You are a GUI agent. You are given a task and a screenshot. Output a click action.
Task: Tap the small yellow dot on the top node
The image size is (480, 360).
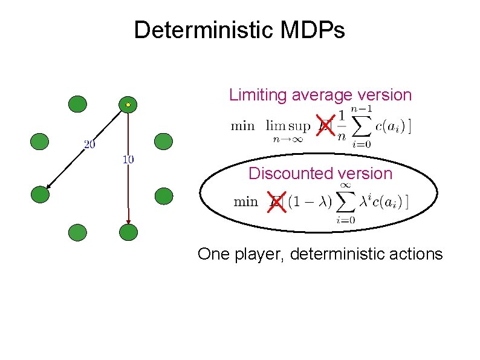click(x=128, y=105)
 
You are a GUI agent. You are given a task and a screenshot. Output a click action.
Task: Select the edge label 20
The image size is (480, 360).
click(x=89, y=145)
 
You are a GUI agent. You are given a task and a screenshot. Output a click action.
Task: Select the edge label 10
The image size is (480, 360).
click(x=128, y=160)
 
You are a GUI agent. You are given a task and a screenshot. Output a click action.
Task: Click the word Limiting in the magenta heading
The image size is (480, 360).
click(x=258, y=95)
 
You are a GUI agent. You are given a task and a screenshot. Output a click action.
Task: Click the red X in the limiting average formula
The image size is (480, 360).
click(x=325, y=126)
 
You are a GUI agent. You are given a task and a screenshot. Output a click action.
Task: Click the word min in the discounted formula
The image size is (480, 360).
click(x=245, y=201)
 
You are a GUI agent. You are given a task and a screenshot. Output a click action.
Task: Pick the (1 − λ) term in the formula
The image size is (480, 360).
click(x=310, y=202)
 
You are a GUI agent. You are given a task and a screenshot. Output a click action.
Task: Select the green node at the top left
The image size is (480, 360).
click(x=77, y=105)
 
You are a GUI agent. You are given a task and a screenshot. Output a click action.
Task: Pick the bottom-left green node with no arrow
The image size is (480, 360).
click(x=78, y=232)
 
